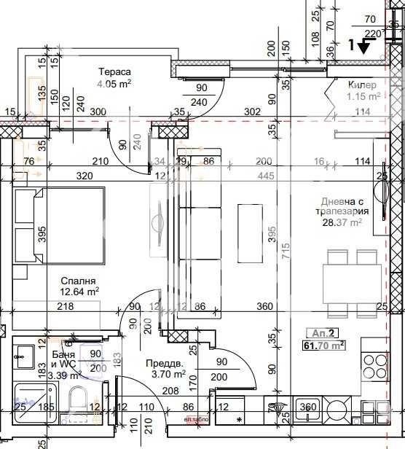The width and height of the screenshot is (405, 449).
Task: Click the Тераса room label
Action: point(115,71)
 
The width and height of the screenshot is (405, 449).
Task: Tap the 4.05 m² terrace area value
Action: point(115,83)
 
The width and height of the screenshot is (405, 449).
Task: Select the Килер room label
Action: point(363,85)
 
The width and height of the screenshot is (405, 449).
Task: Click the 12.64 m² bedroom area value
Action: point(79,292)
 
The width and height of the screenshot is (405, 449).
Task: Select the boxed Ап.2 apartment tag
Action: point(323,332)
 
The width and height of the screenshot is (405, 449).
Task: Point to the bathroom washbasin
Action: point(24,359)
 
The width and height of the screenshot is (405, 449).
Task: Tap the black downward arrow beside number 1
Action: point(363,46)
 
